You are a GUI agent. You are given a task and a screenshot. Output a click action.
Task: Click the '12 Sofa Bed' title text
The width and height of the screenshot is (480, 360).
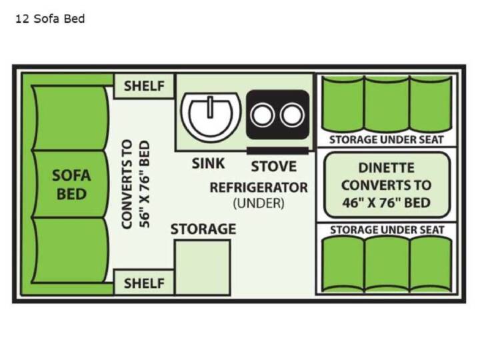(x=50, y=19)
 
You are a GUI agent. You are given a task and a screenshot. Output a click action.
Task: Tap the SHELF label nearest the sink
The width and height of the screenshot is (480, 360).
(x=144, y=86)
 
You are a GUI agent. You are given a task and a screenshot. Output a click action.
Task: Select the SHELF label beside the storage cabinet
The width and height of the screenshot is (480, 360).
(x=144, y=283)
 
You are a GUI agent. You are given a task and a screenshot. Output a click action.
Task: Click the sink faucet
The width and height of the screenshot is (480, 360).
(x=210, y=107)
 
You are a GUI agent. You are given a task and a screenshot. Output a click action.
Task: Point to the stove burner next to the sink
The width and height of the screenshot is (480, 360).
(x=263, y=115)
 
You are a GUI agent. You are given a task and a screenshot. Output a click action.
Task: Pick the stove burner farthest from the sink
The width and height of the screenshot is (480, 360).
(x=292, y=115)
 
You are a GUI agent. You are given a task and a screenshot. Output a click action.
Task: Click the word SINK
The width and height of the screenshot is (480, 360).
(x=208, y=163)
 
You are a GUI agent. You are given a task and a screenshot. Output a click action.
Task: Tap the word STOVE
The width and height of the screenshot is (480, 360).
(x=274, y=167)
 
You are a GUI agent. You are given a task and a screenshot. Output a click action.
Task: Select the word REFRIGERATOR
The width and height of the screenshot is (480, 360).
(x=259, y=187)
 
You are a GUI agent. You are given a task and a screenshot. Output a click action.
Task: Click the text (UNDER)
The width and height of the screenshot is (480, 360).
(x=259, y=203)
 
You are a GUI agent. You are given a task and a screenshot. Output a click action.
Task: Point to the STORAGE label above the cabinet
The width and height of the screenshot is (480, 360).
(x=203, y=229)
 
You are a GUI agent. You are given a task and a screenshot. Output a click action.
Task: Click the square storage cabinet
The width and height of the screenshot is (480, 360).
(x=203, y=267)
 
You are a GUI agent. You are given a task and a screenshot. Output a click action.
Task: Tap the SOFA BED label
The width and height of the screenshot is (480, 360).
(x=71, y=185)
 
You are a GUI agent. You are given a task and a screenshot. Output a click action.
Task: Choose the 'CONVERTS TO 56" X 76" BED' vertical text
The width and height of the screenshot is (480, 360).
(x=135, y=184)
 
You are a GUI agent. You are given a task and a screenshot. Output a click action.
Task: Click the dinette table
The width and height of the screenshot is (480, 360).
(x=387, y=185)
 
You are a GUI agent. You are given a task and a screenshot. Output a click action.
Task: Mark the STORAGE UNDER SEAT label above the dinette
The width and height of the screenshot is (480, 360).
(x=386, y=140)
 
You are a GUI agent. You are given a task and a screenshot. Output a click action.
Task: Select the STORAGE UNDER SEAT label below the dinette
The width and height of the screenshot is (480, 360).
(x=387, y=230)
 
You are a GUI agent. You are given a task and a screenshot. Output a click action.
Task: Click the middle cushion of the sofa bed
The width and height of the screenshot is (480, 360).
(x=71, y=184)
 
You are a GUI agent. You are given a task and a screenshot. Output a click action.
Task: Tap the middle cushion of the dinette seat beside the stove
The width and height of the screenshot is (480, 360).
(x=387, y=105)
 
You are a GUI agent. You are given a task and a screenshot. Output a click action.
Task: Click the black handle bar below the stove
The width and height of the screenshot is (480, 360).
(x=277, y=151)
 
